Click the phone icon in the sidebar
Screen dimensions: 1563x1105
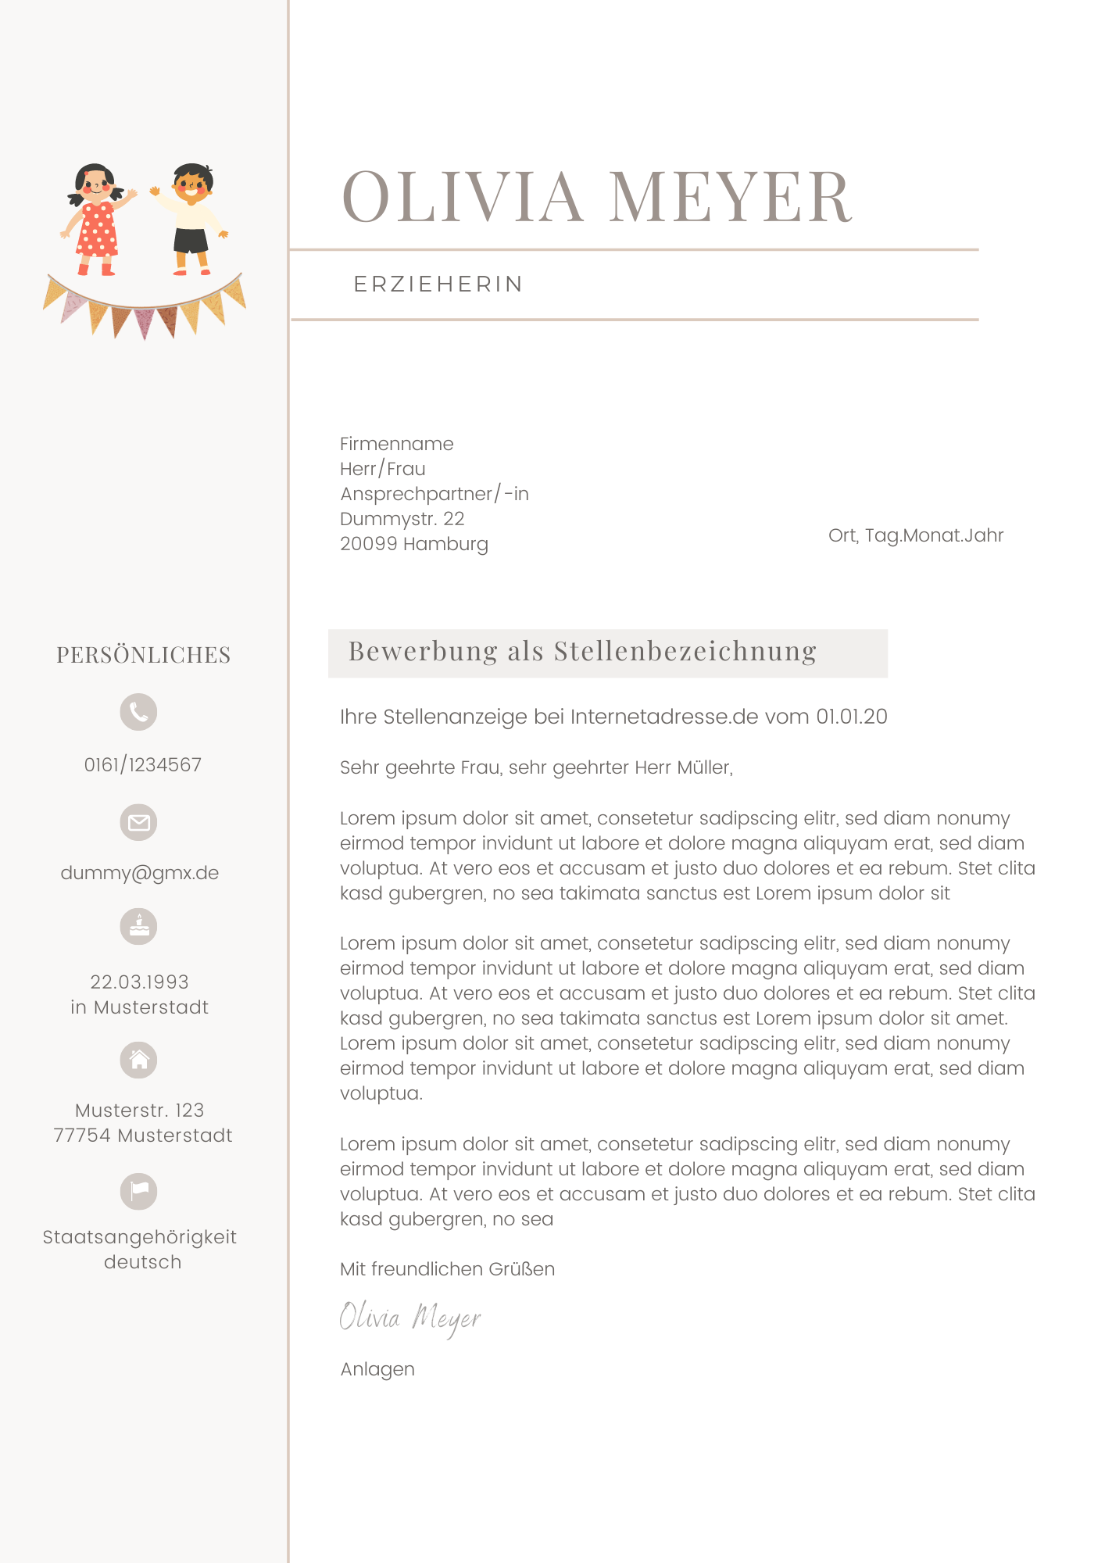click(138, 712)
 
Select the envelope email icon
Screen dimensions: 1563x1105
click(138, 822)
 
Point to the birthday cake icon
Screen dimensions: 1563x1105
click(138, 927)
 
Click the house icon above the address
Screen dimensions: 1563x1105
click(138, 1060)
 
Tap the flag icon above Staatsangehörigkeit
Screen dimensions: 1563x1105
click(138, 1191)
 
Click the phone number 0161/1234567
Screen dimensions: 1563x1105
click(143, 764)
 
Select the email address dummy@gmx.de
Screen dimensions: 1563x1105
click(140, 873)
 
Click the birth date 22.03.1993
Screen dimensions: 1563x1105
click(140, 982)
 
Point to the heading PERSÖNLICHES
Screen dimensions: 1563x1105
click(144, 655)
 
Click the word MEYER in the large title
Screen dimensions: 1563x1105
click(730, 197)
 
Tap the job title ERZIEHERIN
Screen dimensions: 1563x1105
click(438, 284)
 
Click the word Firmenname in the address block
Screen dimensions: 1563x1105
click(396, 444)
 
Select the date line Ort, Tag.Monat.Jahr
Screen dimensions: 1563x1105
click(916, 535)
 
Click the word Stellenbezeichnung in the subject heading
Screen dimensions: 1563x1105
click(685, 651)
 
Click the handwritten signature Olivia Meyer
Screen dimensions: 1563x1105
click(410, 1318)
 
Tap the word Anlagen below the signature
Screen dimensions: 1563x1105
click(377, 1369)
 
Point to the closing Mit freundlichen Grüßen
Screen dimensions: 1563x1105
click(447, 1269)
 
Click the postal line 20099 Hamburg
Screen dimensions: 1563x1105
click(414, 544)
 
